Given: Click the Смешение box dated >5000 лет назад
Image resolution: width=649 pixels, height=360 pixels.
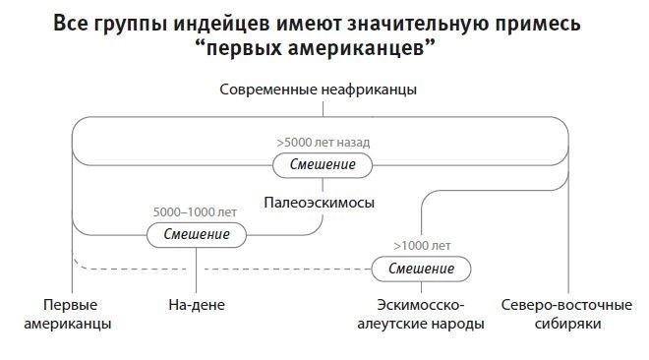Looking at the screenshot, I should [x=323, y=165].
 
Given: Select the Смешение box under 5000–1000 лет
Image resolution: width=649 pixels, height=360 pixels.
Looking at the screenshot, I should [x=197, y=235].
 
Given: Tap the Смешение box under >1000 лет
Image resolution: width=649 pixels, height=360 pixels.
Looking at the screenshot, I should [x=421, y=269].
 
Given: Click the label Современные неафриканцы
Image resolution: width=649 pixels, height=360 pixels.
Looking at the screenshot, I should [x=318, y=90].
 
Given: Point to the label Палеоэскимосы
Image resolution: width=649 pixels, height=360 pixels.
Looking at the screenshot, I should [x=319, y=202].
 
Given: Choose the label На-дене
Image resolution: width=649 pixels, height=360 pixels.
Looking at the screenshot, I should [x=197, y=305].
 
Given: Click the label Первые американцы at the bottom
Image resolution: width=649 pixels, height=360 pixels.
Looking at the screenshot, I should [x=75, y=314].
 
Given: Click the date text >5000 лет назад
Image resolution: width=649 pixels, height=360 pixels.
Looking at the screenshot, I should [x=324, y=142].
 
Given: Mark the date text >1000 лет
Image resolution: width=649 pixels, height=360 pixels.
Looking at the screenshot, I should [x=421, y=245].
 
